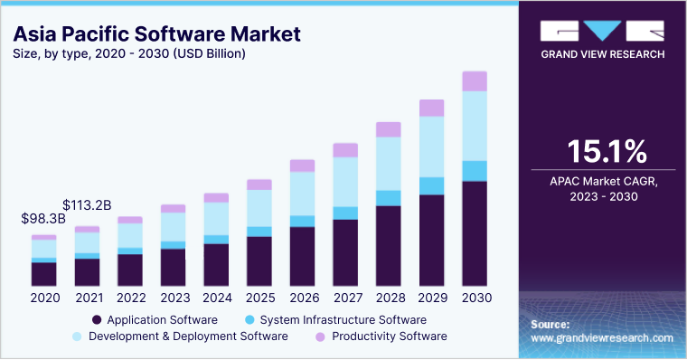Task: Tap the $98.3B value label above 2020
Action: point(43,219)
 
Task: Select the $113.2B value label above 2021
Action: point(87,205)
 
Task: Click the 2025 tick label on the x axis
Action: point(259,298)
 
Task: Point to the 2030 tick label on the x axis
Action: point(475,298)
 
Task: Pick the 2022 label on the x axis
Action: point(130,298)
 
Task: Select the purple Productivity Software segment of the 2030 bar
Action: point(475,81)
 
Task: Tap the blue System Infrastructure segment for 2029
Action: point(431,185)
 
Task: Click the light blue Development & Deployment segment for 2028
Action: point(388,163)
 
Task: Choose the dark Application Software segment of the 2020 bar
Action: point(43,274)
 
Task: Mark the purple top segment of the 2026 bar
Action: point(302,166)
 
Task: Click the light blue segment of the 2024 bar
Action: point(216,218)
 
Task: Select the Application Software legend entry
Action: point(154,319)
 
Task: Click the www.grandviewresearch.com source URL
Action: point(602,337)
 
